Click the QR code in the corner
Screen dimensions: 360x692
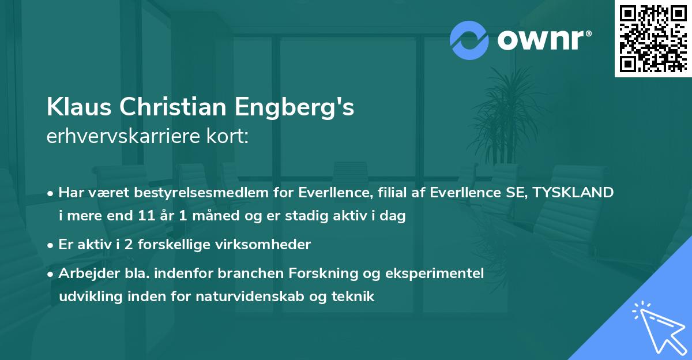click(653, 39)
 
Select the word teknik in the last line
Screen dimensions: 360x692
click(355, 297)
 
